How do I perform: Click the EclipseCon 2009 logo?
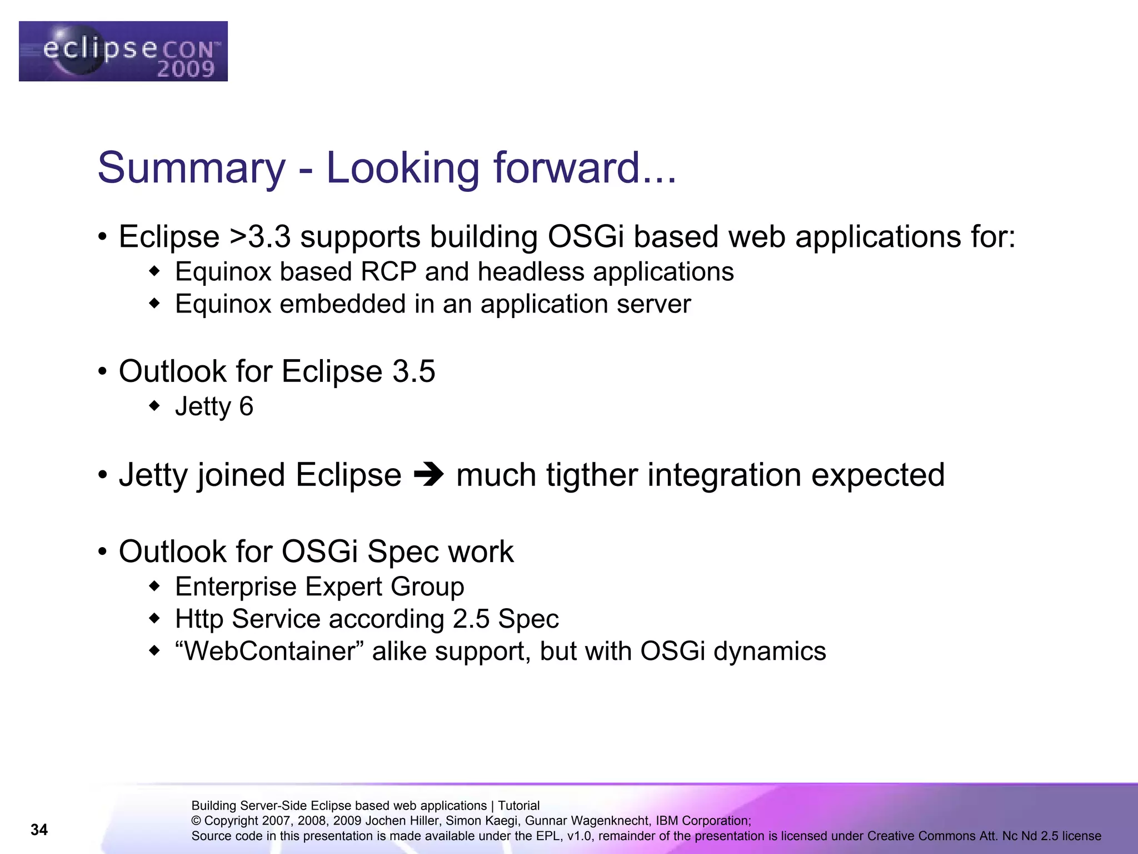[123, 51]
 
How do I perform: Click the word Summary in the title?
[191, 168]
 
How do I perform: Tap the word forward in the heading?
[567, 168]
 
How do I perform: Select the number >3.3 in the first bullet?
[259, 237]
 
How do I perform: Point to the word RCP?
[388, 272]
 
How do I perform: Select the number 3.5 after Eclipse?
[413, 371]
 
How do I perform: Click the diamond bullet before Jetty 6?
[154, 406]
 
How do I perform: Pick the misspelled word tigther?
[591, 475]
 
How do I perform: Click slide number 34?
[39, 830]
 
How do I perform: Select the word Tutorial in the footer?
[518, 806]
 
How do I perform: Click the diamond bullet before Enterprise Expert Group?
[154, 587]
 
